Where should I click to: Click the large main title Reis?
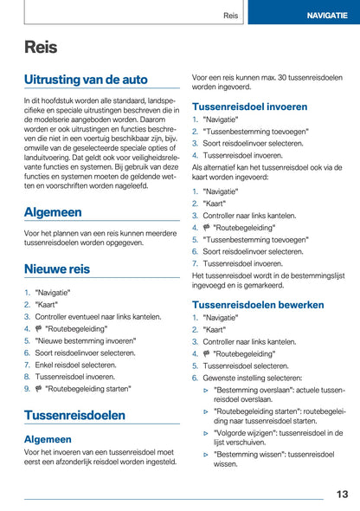tap(42, 48)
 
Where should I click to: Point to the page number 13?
tap(342, 495)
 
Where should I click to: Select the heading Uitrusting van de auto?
tap(86, 80)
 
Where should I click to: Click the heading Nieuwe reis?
tap(56, 268)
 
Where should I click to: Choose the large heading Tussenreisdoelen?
tap(74, 415)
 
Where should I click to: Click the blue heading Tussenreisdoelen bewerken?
tap(258, 305)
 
